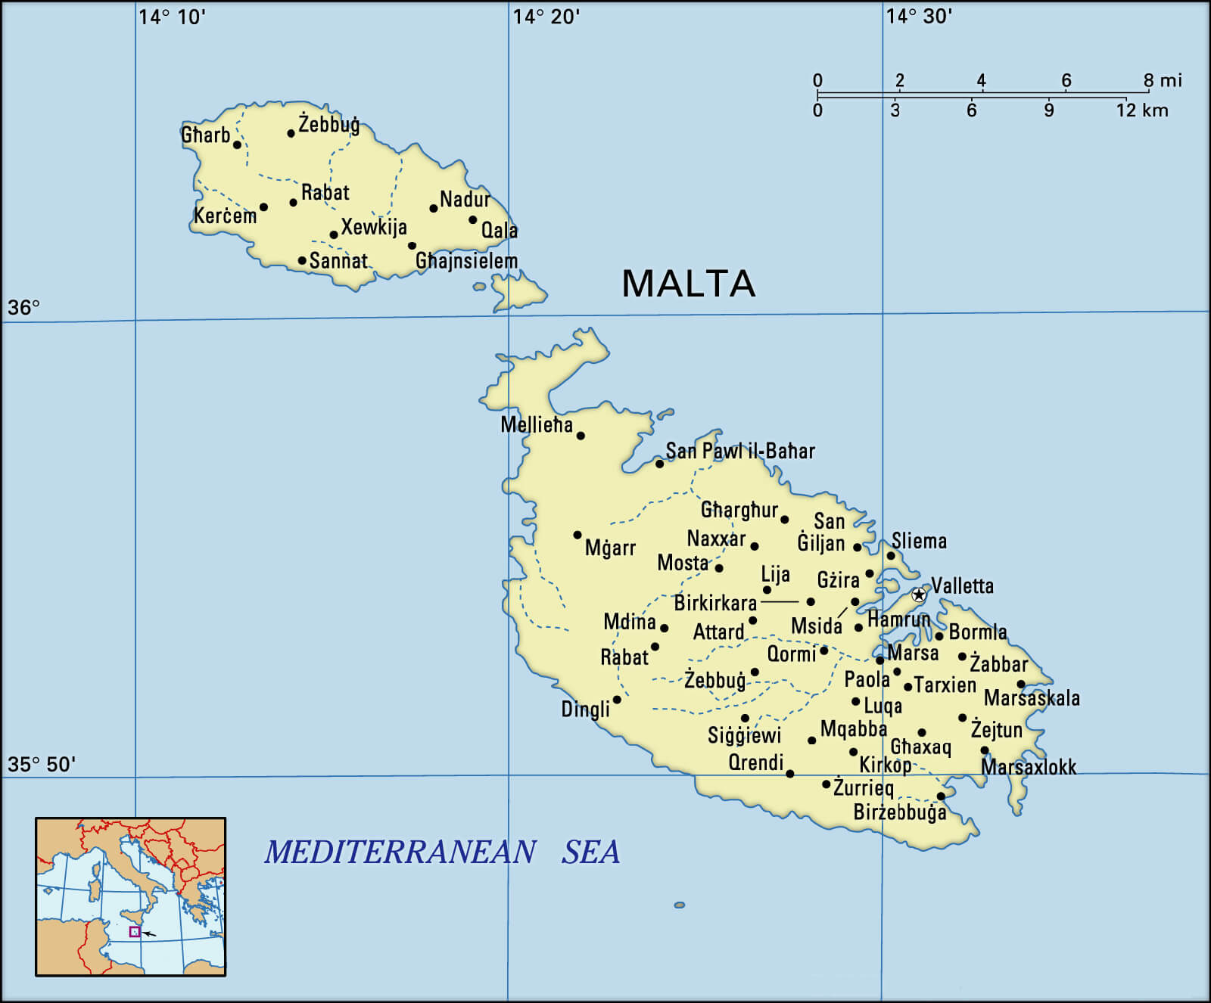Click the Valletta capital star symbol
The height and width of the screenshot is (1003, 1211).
[919, 595]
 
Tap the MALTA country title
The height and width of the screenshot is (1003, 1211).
[688, 284]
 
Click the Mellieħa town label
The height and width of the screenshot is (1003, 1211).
[537, 425]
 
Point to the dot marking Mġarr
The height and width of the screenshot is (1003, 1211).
[577, 535]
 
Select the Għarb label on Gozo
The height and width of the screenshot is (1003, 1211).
[206, 135]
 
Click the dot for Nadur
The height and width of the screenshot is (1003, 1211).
[434, 208]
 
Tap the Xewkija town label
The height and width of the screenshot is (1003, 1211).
[374, 227]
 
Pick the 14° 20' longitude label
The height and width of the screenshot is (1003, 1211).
[546, 17]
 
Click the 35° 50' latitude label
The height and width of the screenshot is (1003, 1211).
[42, 765]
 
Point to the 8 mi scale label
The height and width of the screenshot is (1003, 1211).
[1163, 80]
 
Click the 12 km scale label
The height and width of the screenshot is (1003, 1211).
[1142, 110]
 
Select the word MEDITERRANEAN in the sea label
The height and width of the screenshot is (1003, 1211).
[400, 852]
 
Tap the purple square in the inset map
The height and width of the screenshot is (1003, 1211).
[135, 932]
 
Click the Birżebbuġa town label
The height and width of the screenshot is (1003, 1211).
[900, 812]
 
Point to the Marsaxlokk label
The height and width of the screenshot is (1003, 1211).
[1029, 767]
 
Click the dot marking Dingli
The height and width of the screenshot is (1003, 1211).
[617, 700]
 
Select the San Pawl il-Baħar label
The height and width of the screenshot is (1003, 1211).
[740, 452]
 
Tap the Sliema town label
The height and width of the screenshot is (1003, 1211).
[919, 541]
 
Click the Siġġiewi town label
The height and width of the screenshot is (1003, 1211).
[744, 735]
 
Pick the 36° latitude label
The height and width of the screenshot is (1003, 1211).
[23, 308]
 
